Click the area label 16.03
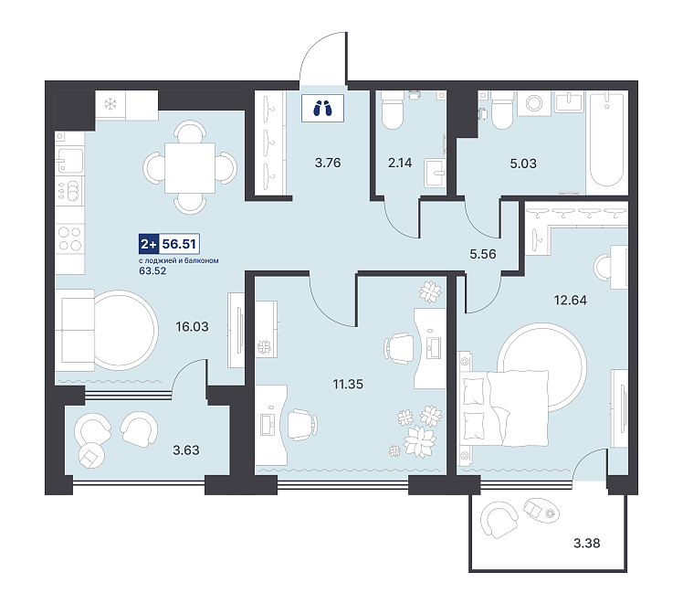[192, 326]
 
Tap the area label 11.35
[348, 385]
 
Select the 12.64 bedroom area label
[570, 301]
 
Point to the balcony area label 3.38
[587, 544]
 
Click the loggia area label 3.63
[186, 450]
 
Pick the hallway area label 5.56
[483, 254]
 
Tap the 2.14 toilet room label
[400, 163]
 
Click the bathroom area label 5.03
[523, 164]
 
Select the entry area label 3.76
[328, 163]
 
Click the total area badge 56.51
[179, 244]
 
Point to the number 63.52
[152, 271]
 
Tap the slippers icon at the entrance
[322, 108]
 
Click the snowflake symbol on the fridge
[110, 104]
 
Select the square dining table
[190, 168]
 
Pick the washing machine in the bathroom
[534, 103]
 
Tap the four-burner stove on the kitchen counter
[70, 238]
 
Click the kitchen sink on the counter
[69, 161]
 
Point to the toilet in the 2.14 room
[392, 111]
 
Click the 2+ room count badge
[149, 244]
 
